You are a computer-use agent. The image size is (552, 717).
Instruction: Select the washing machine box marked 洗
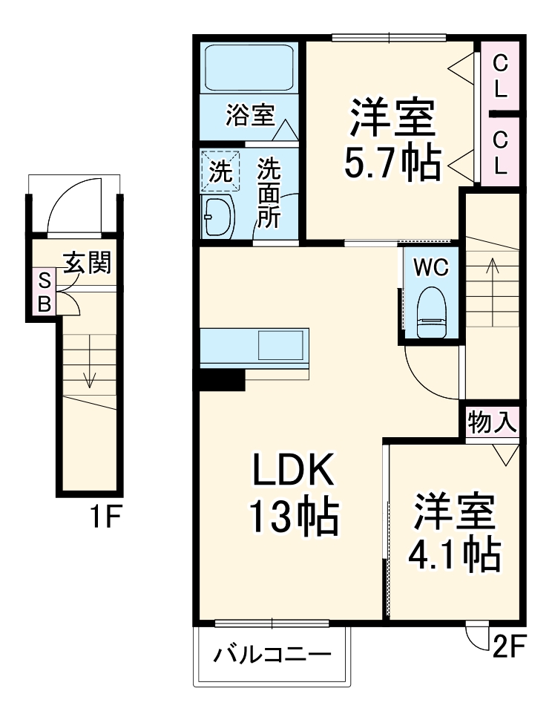221,171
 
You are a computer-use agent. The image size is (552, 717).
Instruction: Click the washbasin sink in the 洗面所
219,216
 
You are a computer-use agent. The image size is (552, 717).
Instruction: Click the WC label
431,268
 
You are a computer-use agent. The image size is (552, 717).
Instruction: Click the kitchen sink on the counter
280,345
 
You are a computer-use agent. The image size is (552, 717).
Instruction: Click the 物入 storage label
492,423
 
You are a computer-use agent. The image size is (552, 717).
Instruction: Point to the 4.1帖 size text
454,553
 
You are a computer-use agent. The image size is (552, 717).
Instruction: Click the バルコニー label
272,655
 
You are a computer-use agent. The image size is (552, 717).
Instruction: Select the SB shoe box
45,292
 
